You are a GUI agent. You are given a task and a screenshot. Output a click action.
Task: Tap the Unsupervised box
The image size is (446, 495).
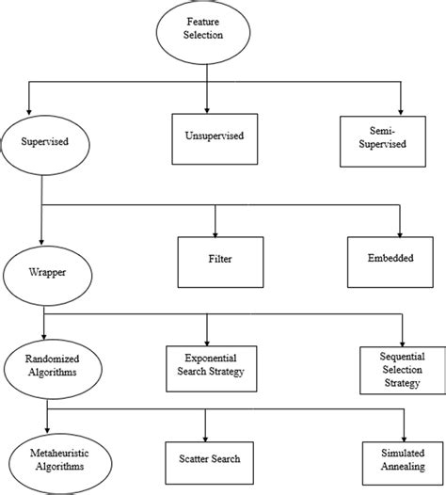pos(215,137)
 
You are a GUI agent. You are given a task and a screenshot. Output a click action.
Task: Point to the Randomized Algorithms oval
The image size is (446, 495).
pos(47,365)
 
